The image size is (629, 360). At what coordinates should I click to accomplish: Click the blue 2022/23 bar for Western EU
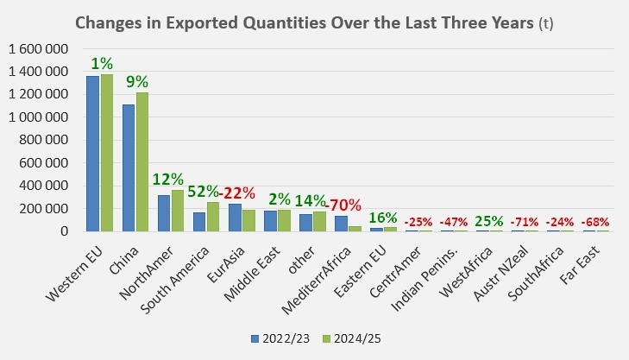click(92, 154)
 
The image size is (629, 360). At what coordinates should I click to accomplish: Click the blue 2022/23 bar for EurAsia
click(236, 218)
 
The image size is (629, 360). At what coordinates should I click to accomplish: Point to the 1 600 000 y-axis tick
click(37, 49)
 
